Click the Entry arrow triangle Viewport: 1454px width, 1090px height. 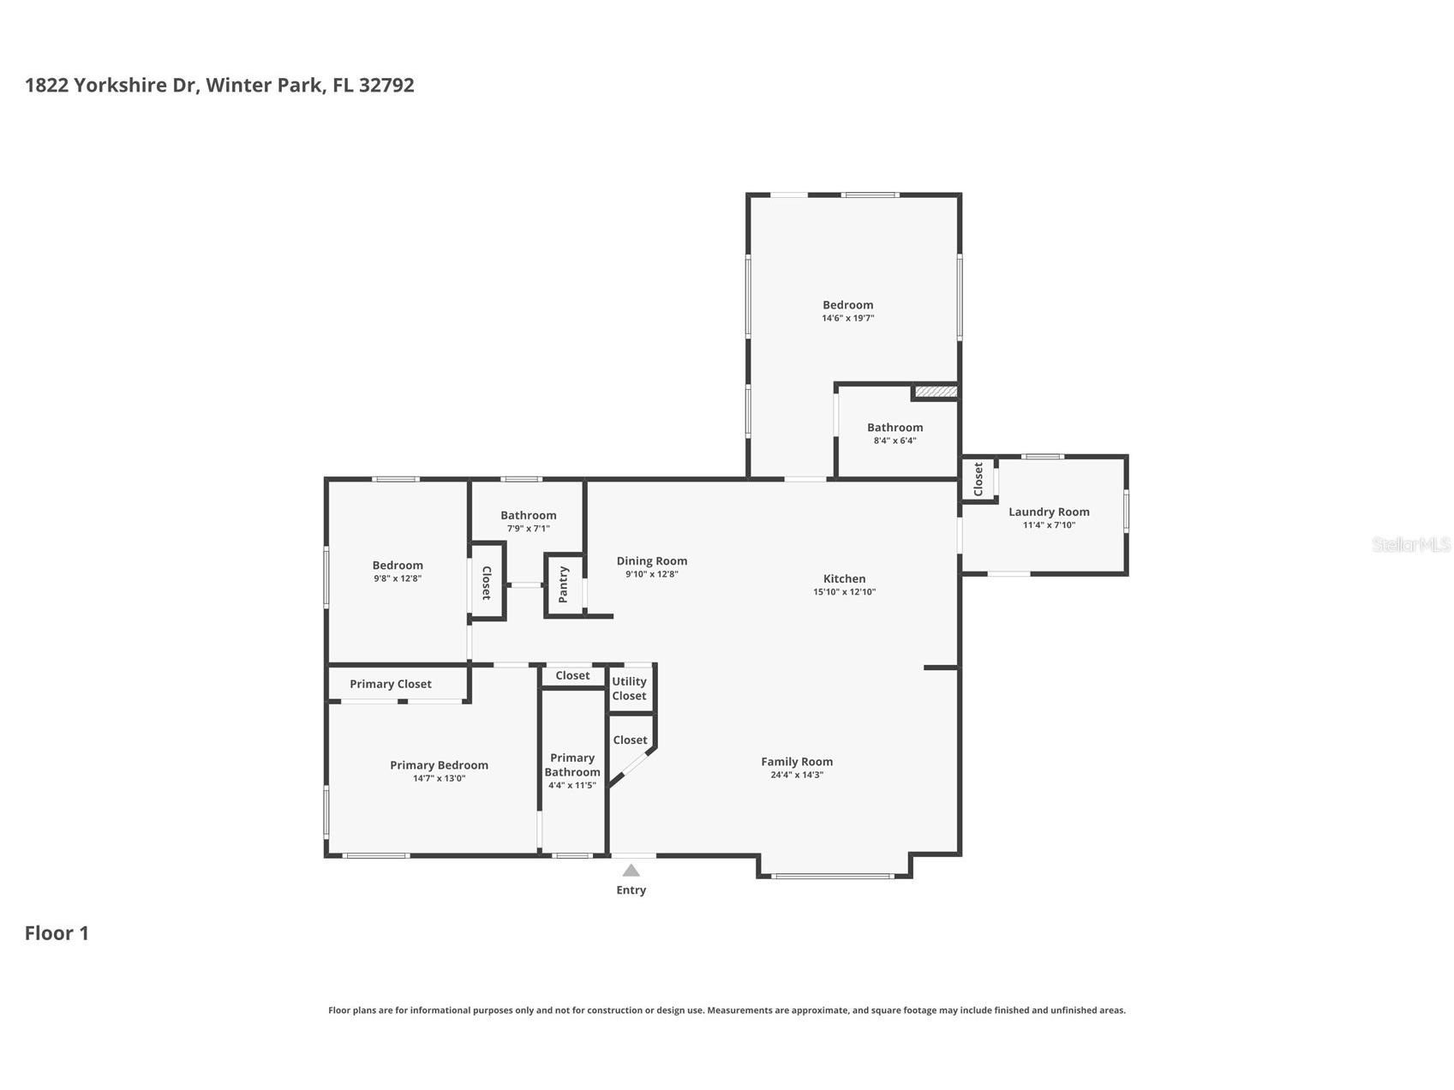pos(631,871)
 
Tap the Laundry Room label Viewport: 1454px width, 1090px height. pos(1049,512)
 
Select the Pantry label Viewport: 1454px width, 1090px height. pos(563,584)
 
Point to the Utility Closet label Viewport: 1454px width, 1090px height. pos(629,689)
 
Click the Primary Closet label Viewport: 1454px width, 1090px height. pos(391,684)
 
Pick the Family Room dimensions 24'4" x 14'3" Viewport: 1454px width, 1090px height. pos(797,775)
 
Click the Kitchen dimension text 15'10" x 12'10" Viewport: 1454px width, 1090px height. pos(845,592)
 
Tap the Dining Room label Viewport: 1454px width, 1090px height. pos(652,561)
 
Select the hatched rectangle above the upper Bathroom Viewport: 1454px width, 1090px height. pos(936,392)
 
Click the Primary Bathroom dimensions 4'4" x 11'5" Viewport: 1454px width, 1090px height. pos(572,785)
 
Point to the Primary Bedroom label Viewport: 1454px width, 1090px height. pos(439,765)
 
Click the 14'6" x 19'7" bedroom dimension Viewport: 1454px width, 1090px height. pos(848,318)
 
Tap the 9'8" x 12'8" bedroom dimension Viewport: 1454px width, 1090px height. pos(398,578)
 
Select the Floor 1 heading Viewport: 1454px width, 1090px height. pos(57,933)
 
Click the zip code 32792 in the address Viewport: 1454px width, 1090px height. pos(386,85)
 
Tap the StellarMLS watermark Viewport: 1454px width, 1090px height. pos(1411,544)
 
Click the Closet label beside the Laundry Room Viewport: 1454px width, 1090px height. pos(978,479)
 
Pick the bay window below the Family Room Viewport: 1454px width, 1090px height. pos(832,876)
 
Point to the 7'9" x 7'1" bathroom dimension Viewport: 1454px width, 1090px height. pos(529,529)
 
